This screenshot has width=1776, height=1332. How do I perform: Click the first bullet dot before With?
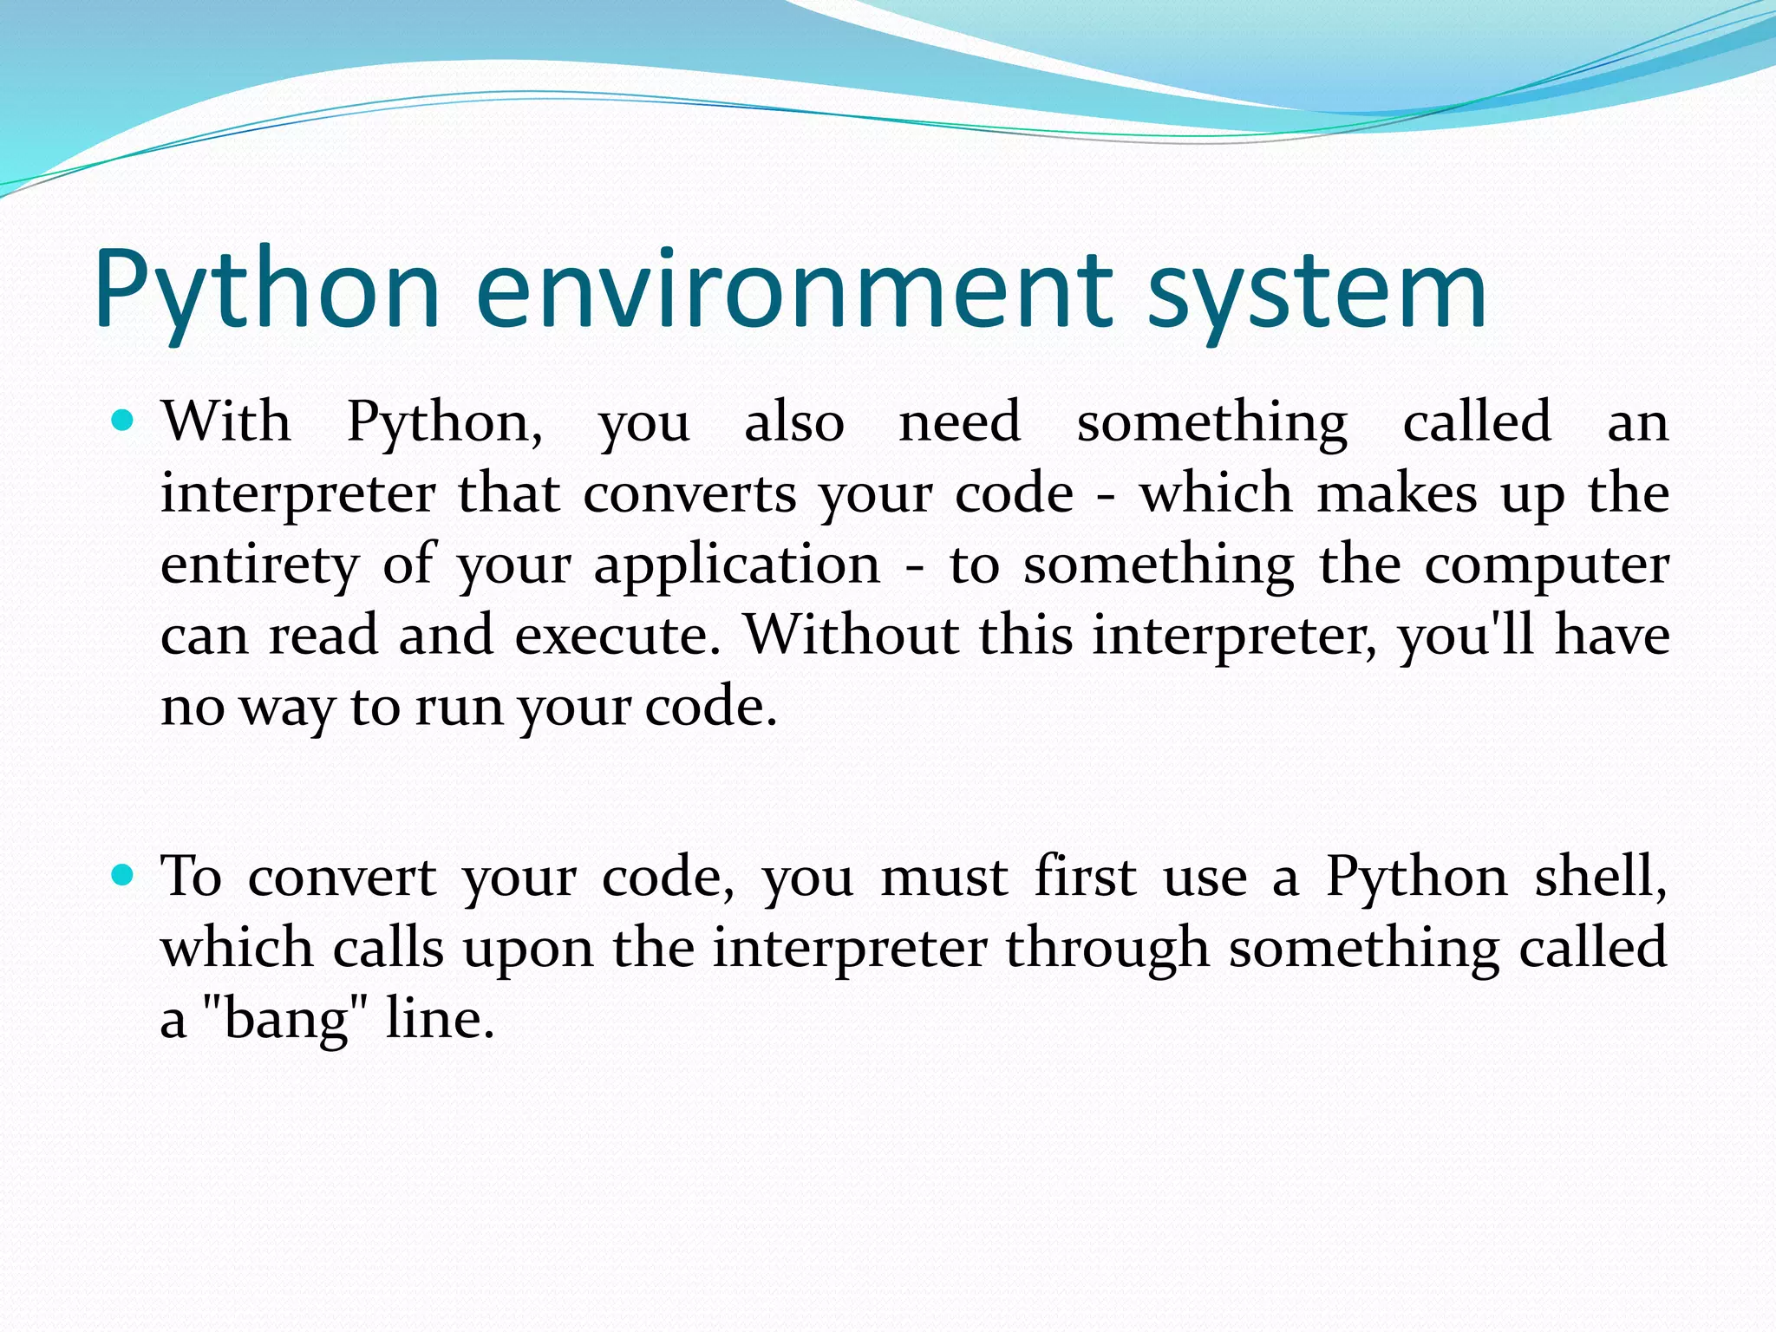click(123, 421)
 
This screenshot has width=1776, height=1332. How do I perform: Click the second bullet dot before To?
click(123, 876)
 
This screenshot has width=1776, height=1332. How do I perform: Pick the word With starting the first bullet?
click(226, 422)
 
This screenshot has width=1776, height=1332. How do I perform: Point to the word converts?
click(689, 494)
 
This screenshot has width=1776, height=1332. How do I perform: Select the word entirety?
click(259, 565)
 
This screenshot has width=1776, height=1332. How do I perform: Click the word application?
click(737, 565)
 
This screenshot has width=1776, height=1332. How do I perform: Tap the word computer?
click(1546, 565)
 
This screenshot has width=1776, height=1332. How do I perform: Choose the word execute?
click(617, 636)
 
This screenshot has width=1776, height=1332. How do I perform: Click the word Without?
click(852, 636)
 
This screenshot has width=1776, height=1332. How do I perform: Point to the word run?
click(459, 707)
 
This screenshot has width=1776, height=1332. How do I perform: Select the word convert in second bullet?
click(342, 877)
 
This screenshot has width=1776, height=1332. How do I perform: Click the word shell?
click(1600, 877)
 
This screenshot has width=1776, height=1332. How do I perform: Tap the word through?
click(1107, 948)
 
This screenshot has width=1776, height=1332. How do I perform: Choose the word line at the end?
click(439, 1019)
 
